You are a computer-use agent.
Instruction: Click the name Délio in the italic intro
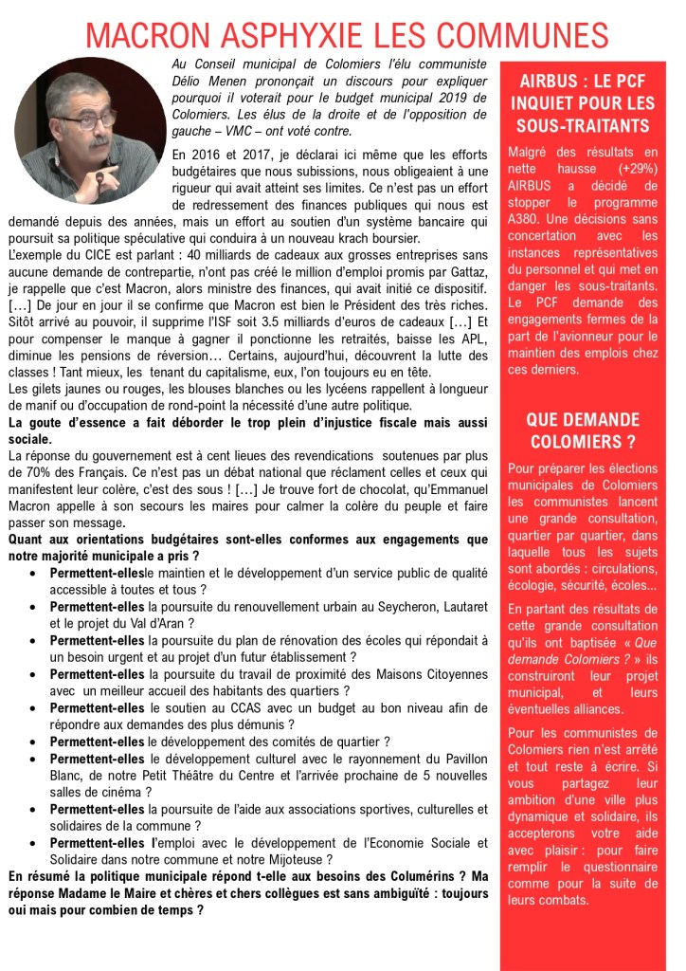point(189,80)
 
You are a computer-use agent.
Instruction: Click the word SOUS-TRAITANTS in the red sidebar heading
point(583,126)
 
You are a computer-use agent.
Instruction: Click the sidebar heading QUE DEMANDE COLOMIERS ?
point(583,430)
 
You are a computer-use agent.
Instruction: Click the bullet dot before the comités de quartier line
point(34,742)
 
